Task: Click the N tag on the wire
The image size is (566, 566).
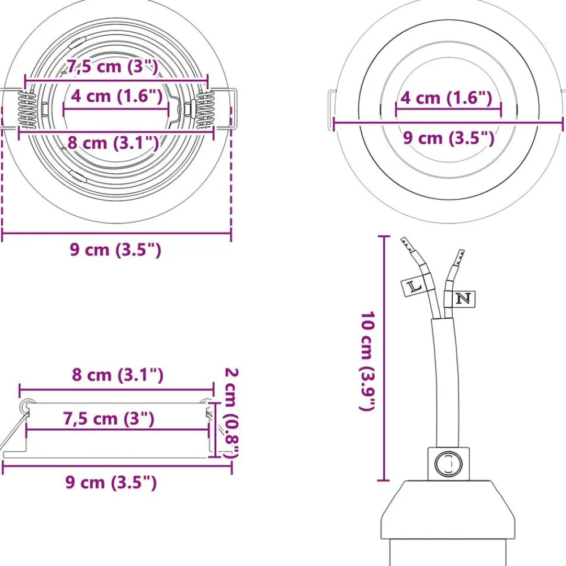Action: (464, 299)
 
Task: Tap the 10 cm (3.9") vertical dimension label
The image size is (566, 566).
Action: (368, 361)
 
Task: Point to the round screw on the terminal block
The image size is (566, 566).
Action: (449, 464)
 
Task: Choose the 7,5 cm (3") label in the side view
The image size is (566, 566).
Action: (109, 419)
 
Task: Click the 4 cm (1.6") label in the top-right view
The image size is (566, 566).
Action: (446, 98)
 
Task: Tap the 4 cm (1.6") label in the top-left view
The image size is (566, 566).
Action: (117, 96)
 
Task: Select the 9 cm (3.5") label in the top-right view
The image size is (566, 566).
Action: (448, 138)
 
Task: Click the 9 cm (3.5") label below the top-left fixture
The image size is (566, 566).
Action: (115, 250)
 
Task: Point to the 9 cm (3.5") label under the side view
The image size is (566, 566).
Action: (111, 482)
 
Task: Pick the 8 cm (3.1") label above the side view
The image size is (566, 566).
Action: (118, 375)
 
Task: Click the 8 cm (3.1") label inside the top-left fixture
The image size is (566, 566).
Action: (113, 143)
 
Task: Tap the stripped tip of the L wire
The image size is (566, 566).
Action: (406, 244)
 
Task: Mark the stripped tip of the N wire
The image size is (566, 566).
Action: (460, 257)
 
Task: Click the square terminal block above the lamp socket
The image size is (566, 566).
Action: (449, 464)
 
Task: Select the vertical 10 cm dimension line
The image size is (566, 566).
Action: (383, 358)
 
